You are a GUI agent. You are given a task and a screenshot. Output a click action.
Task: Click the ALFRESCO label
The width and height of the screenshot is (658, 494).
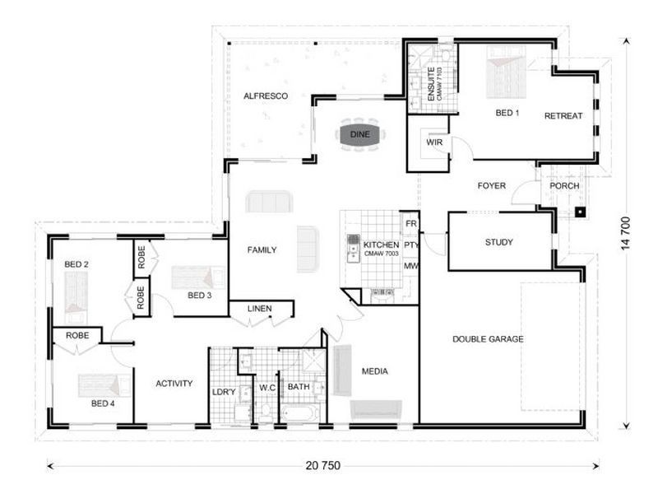266,96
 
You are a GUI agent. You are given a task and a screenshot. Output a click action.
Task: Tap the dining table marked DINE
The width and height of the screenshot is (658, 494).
360,134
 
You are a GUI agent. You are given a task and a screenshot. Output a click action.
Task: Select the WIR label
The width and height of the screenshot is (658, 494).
434,142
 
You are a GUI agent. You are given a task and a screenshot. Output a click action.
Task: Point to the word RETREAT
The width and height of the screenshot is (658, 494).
563,116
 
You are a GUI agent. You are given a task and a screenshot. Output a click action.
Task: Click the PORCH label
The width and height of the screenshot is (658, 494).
564,186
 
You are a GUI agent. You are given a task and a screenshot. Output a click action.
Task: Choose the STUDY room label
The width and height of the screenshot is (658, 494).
499,242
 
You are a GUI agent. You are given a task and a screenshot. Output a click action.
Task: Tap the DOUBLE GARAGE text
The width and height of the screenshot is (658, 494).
488,339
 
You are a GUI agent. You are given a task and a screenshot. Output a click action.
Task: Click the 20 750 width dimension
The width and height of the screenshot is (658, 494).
322,465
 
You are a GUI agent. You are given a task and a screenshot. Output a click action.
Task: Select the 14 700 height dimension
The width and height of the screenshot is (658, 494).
626,233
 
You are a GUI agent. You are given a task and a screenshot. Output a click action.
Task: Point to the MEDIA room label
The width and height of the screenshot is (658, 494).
375,371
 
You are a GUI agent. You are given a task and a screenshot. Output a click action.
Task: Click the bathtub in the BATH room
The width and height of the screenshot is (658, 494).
299,413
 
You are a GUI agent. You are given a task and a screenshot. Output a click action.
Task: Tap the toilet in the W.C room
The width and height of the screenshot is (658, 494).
266,412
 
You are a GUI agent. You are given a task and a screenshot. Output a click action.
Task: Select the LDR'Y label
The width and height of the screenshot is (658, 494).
224,393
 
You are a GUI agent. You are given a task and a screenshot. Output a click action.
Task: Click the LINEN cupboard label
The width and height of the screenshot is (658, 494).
259,309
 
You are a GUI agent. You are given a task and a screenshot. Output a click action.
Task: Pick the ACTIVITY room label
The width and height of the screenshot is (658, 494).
174,384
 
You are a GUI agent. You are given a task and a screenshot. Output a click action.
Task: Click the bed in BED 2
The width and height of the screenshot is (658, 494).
76,293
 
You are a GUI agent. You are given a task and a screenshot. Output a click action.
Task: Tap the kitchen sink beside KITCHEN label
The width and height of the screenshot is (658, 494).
354,248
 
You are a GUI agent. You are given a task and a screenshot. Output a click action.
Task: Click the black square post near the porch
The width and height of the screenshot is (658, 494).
580,212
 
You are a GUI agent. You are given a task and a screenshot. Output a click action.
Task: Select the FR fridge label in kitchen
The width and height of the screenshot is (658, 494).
410,224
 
